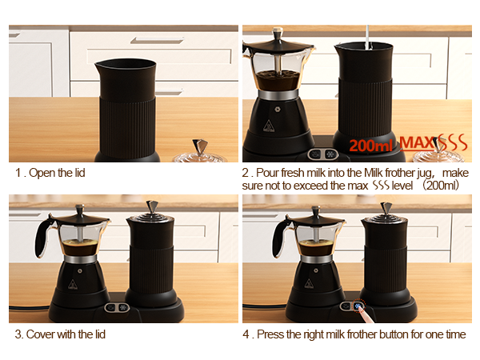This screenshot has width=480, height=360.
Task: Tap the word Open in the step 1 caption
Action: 40,173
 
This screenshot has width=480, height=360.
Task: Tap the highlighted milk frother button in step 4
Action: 359,307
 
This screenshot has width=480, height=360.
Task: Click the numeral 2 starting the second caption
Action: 246,173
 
